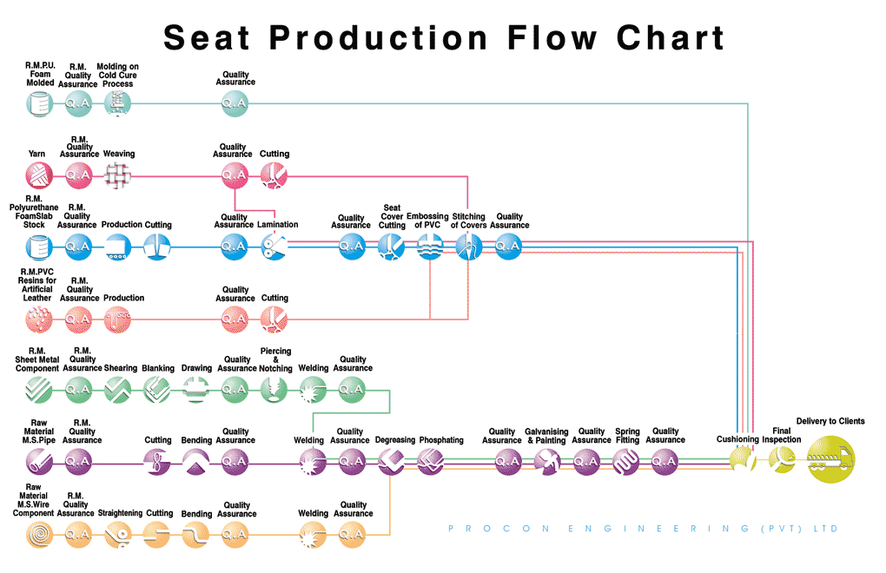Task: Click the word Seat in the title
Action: [208, 38]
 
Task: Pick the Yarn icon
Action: [39, 176]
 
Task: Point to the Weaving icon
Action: [117, 176]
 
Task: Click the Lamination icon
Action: [274, 247]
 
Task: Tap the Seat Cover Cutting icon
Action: [391, 247]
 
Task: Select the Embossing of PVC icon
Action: [430, 247]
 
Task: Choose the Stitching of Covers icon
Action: [469, 247]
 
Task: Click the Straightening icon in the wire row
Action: [118, 536]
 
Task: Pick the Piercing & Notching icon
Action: [274, 391]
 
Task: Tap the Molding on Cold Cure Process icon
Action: [117, 104]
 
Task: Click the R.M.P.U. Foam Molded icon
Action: [39, 104]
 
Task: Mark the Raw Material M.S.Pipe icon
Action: [39, 463]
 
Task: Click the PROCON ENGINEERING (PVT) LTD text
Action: [643, 528]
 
